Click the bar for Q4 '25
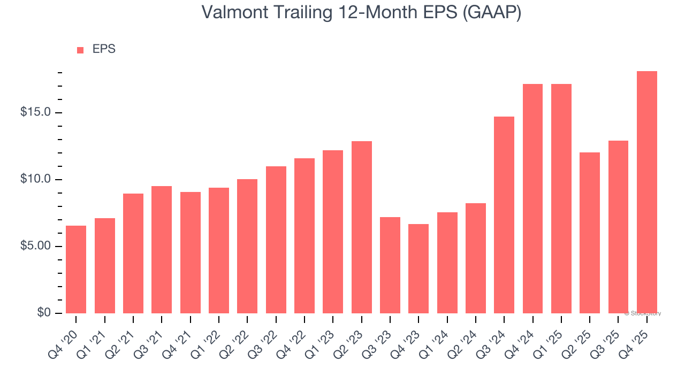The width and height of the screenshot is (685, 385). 646,192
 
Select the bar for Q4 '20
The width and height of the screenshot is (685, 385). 76,269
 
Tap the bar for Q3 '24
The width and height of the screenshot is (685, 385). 504,215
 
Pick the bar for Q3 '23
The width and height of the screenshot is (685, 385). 390,265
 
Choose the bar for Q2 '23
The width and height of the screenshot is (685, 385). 362,227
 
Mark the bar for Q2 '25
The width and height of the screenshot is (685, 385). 590,233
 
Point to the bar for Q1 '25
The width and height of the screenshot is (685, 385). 561,198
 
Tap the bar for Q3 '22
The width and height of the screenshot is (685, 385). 276,240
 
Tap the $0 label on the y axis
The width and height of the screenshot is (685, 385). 44,313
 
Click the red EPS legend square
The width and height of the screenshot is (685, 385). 80,50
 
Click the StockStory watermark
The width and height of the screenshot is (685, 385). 643,313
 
